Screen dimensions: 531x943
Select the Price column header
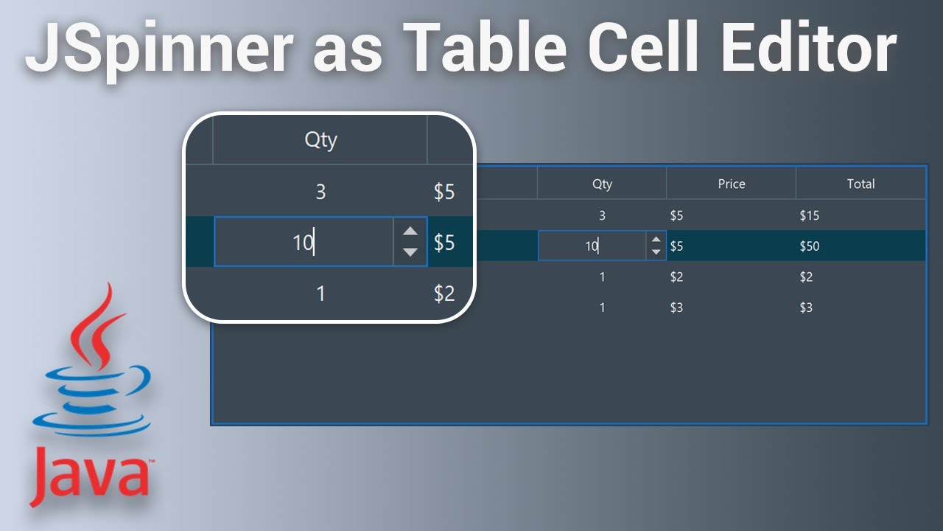coord(731,184)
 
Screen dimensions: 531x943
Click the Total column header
coord(860,184)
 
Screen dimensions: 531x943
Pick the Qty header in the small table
coord(602,184)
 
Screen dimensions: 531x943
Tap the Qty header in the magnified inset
coord(320,139)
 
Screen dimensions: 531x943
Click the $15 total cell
coord(809,216)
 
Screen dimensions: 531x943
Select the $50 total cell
coord(809,246)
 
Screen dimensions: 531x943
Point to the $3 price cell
coord(676,308)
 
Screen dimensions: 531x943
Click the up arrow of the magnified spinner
coord(410,232)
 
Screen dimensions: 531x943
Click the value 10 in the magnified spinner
coord(303,242)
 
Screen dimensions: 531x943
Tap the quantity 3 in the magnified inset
coord(320,192)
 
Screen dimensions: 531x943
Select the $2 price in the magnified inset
coord(444,294)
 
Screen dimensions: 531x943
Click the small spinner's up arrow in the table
coord(656,239)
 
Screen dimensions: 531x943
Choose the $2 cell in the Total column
coord(806,277)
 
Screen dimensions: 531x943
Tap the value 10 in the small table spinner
coord(591,246)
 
